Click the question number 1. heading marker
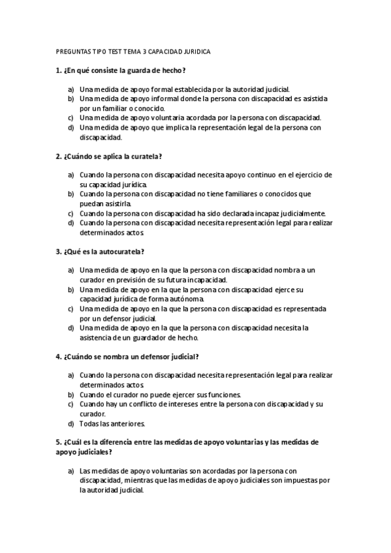59,70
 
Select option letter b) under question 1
70,98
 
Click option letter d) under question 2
70,222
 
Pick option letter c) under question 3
70,308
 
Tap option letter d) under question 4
70,423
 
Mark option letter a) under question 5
70,471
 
